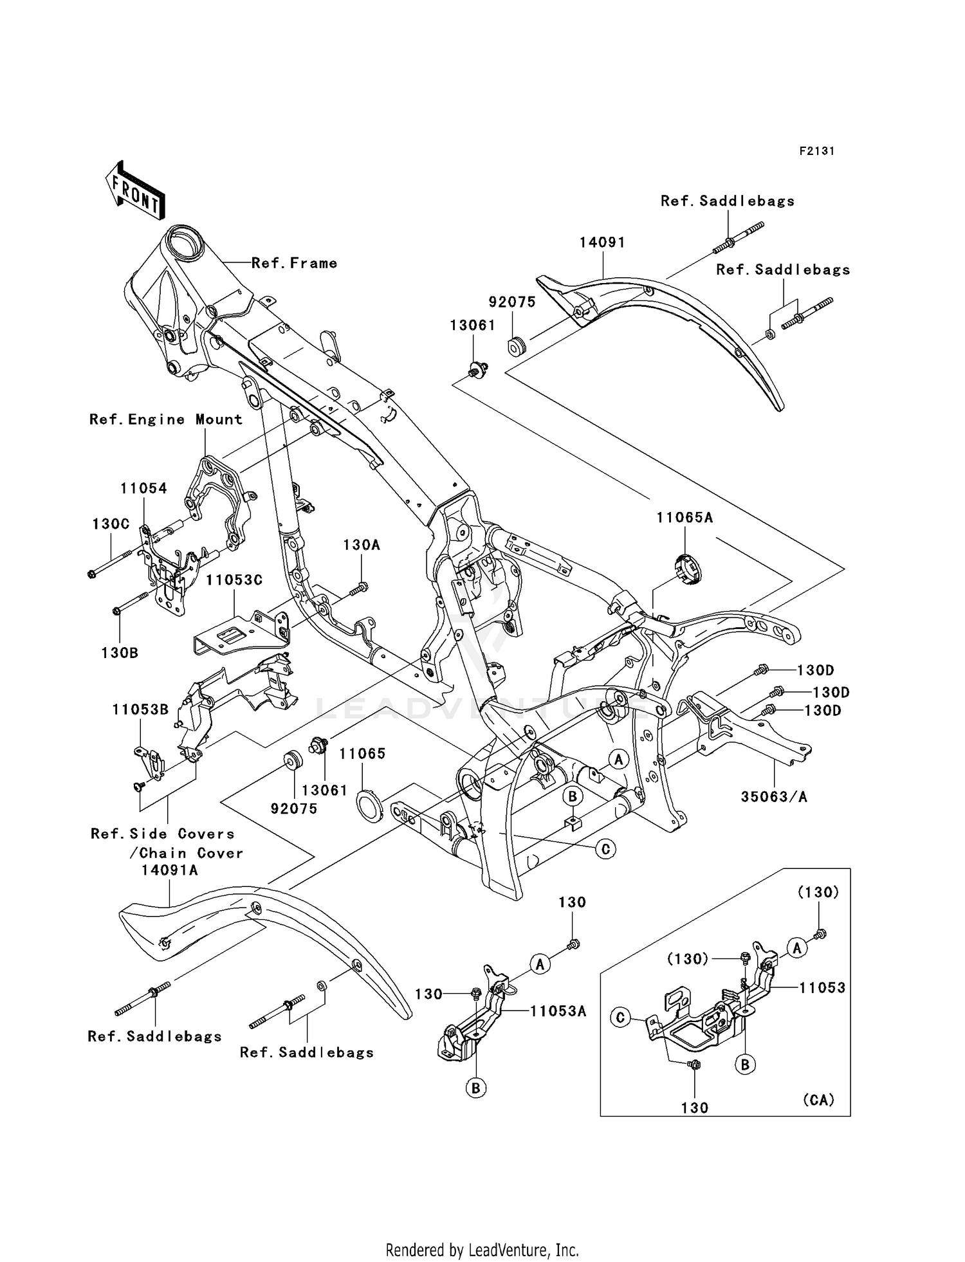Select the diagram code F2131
[x=816, y=151]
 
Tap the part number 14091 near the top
[x=602, y=242]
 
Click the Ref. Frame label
[x=294, y=263]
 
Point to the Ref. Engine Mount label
[x=166, y=419]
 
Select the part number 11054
[x=143, y=488]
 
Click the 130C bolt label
[x=111, y=524]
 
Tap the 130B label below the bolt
[x=120, y=652]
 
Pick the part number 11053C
[x=234, y=580]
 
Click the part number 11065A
[x=685, y=517]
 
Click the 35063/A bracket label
[x=774, y=796]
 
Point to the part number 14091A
[x=170, y=870]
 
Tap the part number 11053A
[x=558, y=1011]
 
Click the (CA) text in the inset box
[x=818, y=1099]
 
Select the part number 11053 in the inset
[x=822, y=987]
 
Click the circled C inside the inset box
[x=620, y=1018]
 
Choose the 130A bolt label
[x=361, y=545]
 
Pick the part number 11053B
[x=140, y=709]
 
